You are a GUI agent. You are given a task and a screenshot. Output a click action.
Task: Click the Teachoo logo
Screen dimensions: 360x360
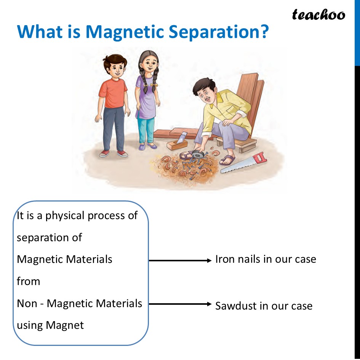click(x=318, y=14)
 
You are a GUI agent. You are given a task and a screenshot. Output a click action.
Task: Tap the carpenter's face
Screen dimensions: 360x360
click(x=202, y=95)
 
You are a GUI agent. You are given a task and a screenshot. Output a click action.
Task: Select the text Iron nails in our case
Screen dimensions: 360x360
click(x=266, y=259)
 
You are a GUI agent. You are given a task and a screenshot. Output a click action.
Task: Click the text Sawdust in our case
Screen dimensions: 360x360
click(x=264, y=306)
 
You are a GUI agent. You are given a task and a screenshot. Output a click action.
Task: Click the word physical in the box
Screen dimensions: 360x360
click(x=65, y=216)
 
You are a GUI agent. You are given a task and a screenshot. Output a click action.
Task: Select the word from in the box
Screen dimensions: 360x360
click(x=28, y=282)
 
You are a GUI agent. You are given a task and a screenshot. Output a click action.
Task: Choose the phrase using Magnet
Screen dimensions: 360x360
click(x=50, y=325)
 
